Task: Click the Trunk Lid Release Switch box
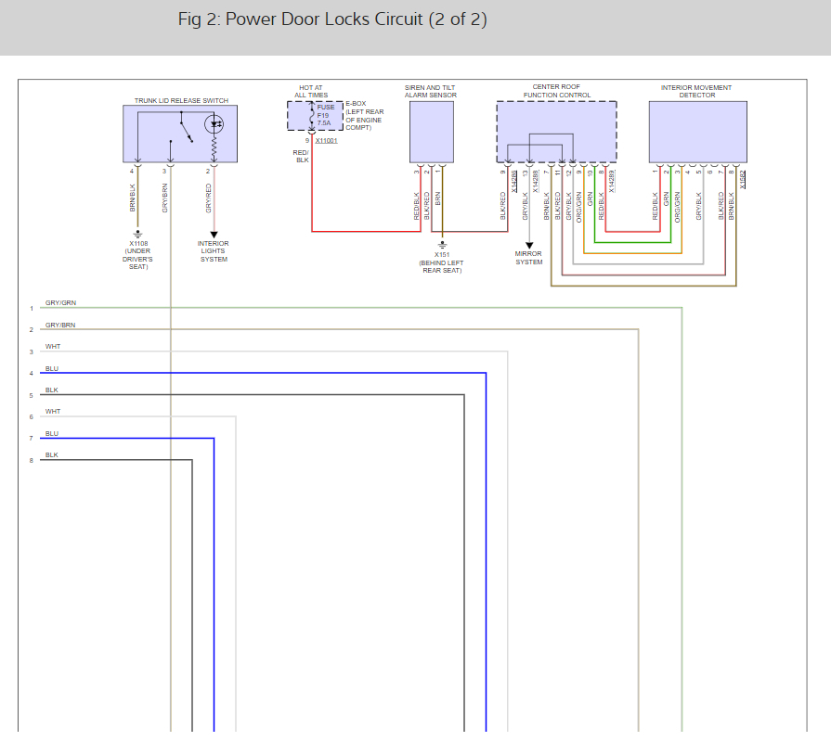click(x=179, y=134)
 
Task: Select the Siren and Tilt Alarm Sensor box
click(x=432, y=132)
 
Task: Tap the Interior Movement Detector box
click(x=697, y=132)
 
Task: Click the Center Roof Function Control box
click(x=556, y=132)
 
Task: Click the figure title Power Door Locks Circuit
click(x=332, y=19)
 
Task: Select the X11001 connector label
click(x=326, y=140)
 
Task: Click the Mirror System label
click(x=529, y=258)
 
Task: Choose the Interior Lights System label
click(x=214, y=251)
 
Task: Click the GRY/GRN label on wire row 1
click(x=60, y=303)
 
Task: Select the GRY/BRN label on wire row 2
click(x=60, y=326)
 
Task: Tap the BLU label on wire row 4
click(x=52, y=368)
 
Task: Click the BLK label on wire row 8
click(x=52, y=455)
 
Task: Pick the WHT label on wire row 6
click(x=53, y=412)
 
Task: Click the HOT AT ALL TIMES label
click(x=311, y=91)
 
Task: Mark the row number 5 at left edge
click(x=31, y=396)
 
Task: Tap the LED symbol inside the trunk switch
click(x=216, y=123)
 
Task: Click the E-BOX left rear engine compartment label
click(x=364, y=116)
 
